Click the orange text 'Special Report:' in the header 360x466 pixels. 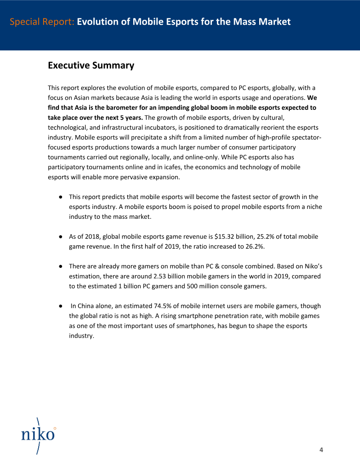point(42,22)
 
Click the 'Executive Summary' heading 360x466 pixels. point(91,65)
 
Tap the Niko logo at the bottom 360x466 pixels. point(38,435)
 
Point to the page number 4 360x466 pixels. point(321,449)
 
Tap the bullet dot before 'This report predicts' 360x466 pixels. point(60,197)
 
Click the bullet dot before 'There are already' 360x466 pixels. point(60,267)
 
